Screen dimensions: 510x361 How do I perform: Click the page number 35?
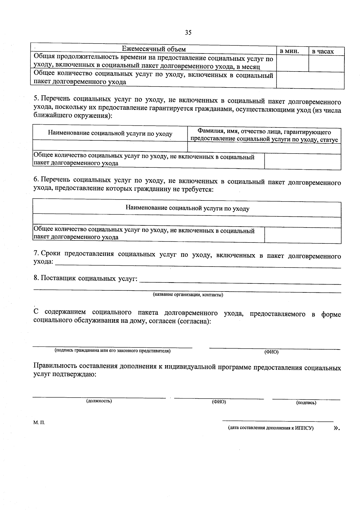click(x=188, y=33)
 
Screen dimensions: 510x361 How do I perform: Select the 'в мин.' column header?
click(x=289, y=51)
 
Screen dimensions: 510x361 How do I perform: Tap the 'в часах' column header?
click(x=323, y=52)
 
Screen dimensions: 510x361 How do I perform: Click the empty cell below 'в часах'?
click(x=326, y=64)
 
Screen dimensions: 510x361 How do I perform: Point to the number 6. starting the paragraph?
click(x=36, y=179)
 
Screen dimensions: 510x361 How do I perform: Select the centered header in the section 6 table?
click(x=187, y=208)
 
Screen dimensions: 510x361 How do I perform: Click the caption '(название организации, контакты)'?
click(x=188, y=295)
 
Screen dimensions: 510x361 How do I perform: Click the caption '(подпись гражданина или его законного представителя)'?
click(x=112, y=350)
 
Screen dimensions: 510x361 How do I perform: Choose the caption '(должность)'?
click(x=99, y=401)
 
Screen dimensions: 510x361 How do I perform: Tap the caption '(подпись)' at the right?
click(x=306, y=403)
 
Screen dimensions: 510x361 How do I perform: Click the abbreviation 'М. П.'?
click(x=39, y=422)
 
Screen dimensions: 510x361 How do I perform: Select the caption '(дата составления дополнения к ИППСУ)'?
click(x=271, y=428)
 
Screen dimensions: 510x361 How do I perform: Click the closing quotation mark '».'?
click(x=337, y=428)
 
